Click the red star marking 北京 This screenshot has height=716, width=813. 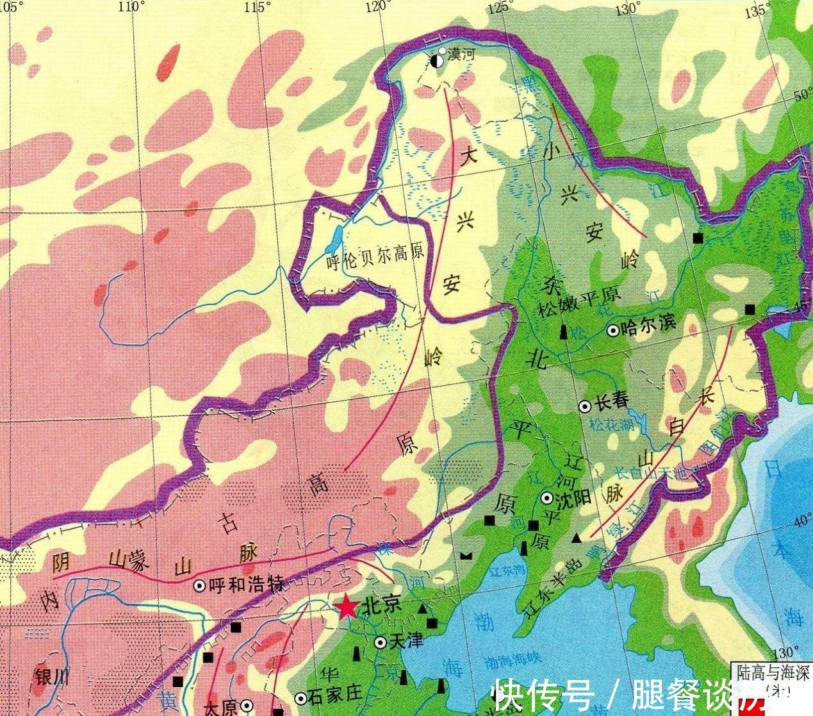(x=346, y=606)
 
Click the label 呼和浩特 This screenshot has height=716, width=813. (x=246, y=585)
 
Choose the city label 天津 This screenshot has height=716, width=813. (x=406, y=640)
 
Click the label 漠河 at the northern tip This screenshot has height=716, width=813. (x=461, y=54)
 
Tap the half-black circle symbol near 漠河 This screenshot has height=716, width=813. (x=436, y=62)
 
